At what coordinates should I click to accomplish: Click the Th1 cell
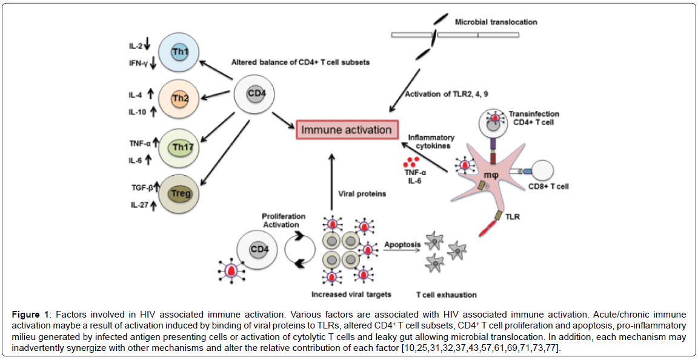coord(179,53)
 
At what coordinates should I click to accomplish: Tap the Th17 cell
coord(179,147)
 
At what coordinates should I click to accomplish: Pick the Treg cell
coord(179,194)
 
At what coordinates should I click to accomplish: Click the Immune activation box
coord(347,130)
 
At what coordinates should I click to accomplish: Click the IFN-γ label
coord(138,62)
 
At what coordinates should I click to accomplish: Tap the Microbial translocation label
coord(496,22)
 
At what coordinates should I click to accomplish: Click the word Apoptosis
coord(402,244)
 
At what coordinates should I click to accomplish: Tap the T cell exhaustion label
coord(446,295)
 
